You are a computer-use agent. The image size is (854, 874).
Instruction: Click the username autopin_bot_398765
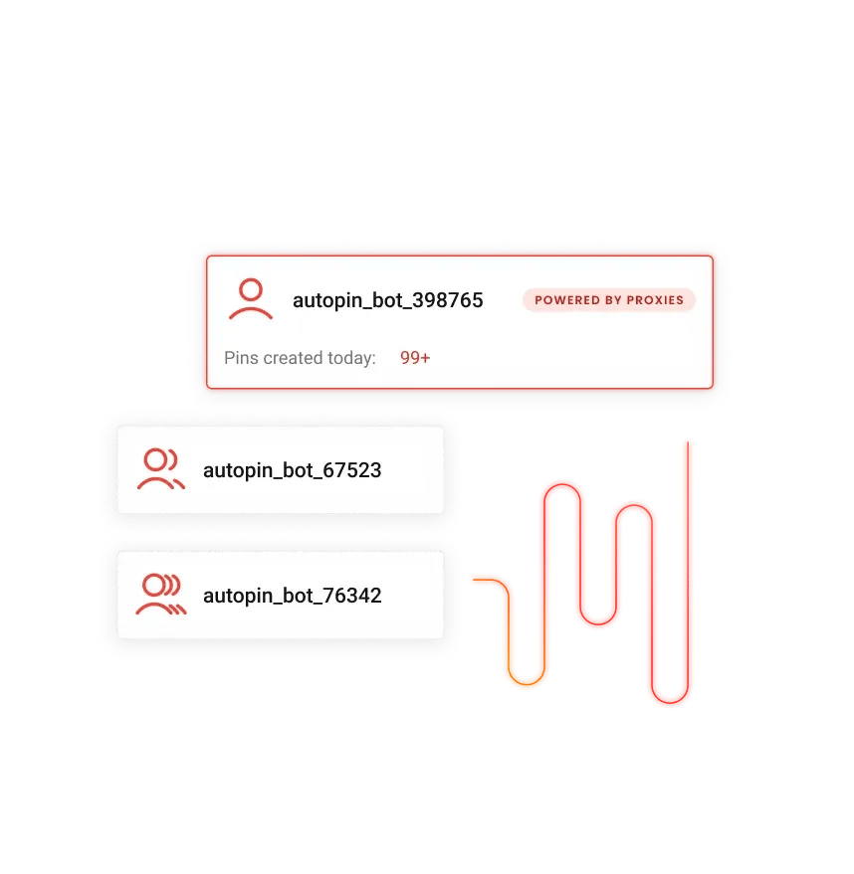click(x=387, y=300)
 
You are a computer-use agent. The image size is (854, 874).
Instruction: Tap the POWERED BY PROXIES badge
click(x=608, y=300)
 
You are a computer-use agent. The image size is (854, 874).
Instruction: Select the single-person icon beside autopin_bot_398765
click(x=251, y=299)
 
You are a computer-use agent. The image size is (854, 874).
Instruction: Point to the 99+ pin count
click(x=415, y=358)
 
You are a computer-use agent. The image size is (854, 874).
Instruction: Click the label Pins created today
click(x=300, y=358)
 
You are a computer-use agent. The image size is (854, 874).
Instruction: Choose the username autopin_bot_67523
click(x=292, y=470)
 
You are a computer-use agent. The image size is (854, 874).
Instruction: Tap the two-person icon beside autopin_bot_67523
click(x=160, y=470)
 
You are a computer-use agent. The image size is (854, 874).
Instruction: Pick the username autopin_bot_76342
click(x=292, y=597)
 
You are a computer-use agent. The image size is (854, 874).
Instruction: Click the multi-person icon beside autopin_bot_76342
click(x=160, y=596)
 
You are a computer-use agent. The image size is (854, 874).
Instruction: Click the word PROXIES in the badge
click(x=654, y=300)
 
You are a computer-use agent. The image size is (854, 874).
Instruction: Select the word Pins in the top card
click(x=240, y=358)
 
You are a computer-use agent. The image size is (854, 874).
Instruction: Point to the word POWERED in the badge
click(x=567, y=300)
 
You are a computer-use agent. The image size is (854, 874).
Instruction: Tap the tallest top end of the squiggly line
click(x=687, y=442)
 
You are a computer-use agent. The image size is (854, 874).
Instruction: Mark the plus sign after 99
click(x=425, y=358)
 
